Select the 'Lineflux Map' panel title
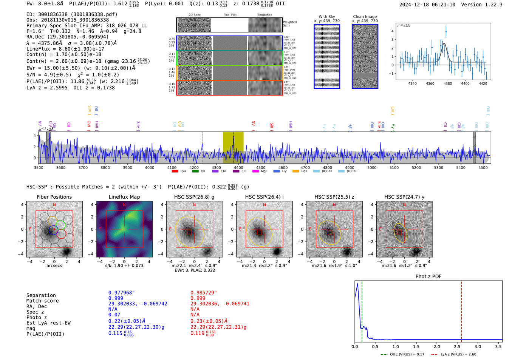click(x=124, y=197)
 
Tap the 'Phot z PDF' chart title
click(x=428, y=276)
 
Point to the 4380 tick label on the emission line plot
click(x=447, y=83)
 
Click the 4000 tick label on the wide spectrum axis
click(x=150, y=167)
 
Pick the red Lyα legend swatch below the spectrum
click(x=175, y=171)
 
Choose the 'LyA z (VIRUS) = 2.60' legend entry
click(x=458, y=354)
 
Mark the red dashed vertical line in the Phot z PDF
click(x=461, y=310)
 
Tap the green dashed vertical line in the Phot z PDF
click(x=362, y=310)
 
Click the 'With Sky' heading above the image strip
click(x=327, y=17)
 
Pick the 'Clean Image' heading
click(x=365, y=17)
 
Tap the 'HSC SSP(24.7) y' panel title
click(x=404, y=197)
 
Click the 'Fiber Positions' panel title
click(x=54, y=197)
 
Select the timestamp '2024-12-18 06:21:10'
click(x=427, y=5)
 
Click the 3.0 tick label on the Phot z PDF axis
click(x=478, y=346)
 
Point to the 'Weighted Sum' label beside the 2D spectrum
click(x=289, y=24)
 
